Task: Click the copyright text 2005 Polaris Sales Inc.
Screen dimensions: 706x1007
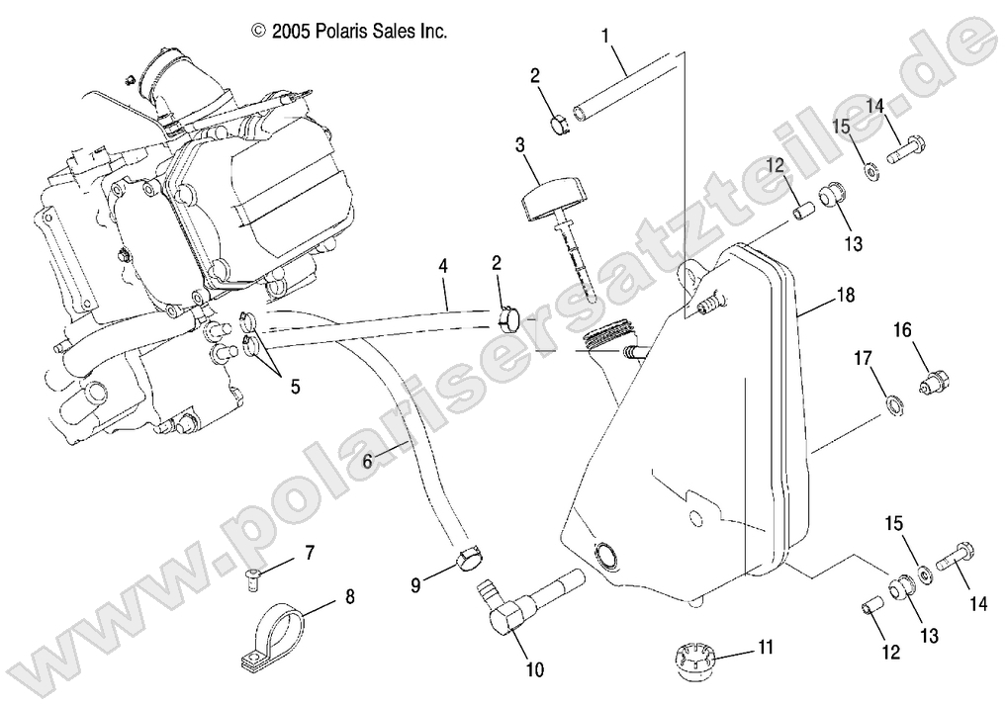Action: point(350,32)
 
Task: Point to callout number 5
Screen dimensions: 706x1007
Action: point(293,388)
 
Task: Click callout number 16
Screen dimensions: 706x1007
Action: point(903,329)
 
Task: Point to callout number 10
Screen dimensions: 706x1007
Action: point(535,670)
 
